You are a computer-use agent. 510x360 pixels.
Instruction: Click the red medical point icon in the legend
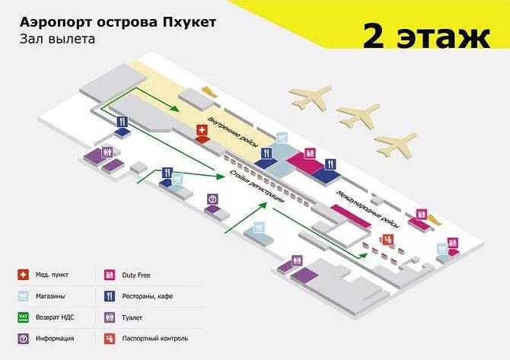[23, 275]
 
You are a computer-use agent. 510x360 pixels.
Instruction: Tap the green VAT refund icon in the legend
[23, 317]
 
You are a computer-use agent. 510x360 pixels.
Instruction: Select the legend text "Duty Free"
[136, 275]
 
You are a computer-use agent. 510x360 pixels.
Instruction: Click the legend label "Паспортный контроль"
[155, 339]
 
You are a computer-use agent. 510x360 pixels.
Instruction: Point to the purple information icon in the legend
[23, 339]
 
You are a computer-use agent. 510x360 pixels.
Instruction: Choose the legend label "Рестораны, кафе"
[148, 296]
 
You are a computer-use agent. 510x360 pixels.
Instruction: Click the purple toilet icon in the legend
[110, 317]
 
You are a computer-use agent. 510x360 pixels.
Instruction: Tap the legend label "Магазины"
[50, 296]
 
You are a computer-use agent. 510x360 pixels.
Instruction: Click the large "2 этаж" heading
[426, 36]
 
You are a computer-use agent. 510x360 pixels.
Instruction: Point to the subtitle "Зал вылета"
[58, 39]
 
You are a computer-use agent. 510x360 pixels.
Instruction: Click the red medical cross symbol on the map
[202, 130]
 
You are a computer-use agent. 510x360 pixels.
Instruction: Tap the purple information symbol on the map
[212, 199]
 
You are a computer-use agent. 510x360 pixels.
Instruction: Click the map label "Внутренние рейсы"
[233, 132]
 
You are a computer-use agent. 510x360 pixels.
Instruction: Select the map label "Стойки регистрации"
[257, 186]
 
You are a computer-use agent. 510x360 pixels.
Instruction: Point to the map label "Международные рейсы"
[368, 209]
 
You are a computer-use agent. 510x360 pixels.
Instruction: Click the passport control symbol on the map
[387, 240]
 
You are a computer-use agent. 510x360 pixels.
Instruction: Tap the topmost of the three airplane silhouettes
[311, 97]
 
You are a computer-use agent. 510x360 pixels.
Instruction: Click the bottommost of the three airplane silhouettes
[395, 144]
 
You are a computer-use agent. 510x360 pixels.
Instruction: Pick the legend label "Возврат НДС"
[55, 317]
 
